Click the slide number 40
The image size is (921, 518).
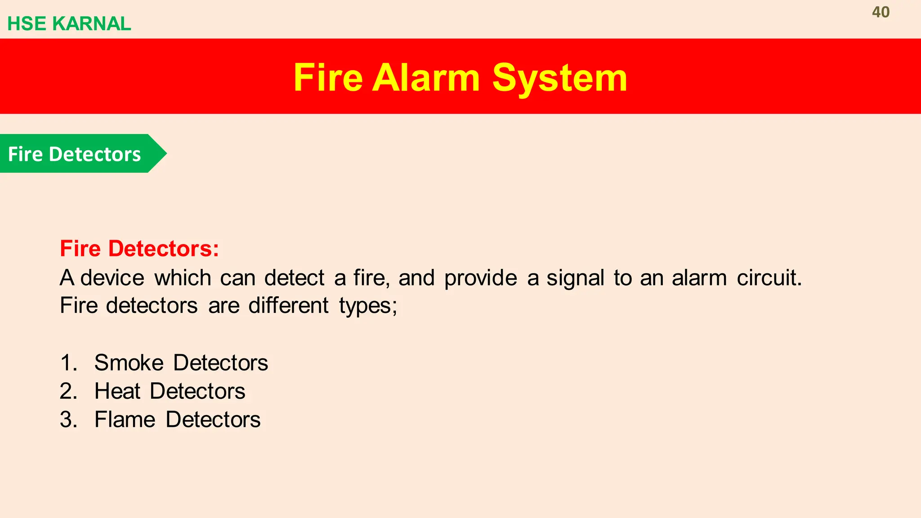tap(881, 12)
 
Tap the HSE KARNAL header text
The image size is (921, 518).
tap(69, 24)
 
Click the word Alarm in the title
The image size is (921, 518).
tap(426, 78)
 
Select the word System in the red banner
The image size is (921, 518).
tap(559, 78)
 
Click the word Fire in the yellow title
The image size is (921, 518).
tap(328, 78)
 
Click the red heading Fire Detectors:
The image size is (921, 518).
tap(139, 249)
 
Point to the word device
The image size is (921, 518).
tap(112, 278)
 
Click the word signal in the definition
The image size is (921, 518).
tap(575, 278)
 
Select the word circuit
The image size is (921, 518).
tap(769, 278)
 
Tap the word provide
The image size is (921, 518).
tap(480, 278)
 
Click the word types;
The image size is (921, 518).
tap(368, 306)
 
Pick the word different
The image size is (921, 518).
tap(288, 306)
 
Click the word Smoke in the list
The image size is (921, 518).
tap(129, 363)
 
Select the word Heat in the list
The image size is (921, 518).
tap(117, 391)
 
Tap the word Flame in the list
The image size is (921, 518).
tap(125, 420)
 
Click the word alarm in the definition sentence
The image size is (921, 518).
tap(699, 278)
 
